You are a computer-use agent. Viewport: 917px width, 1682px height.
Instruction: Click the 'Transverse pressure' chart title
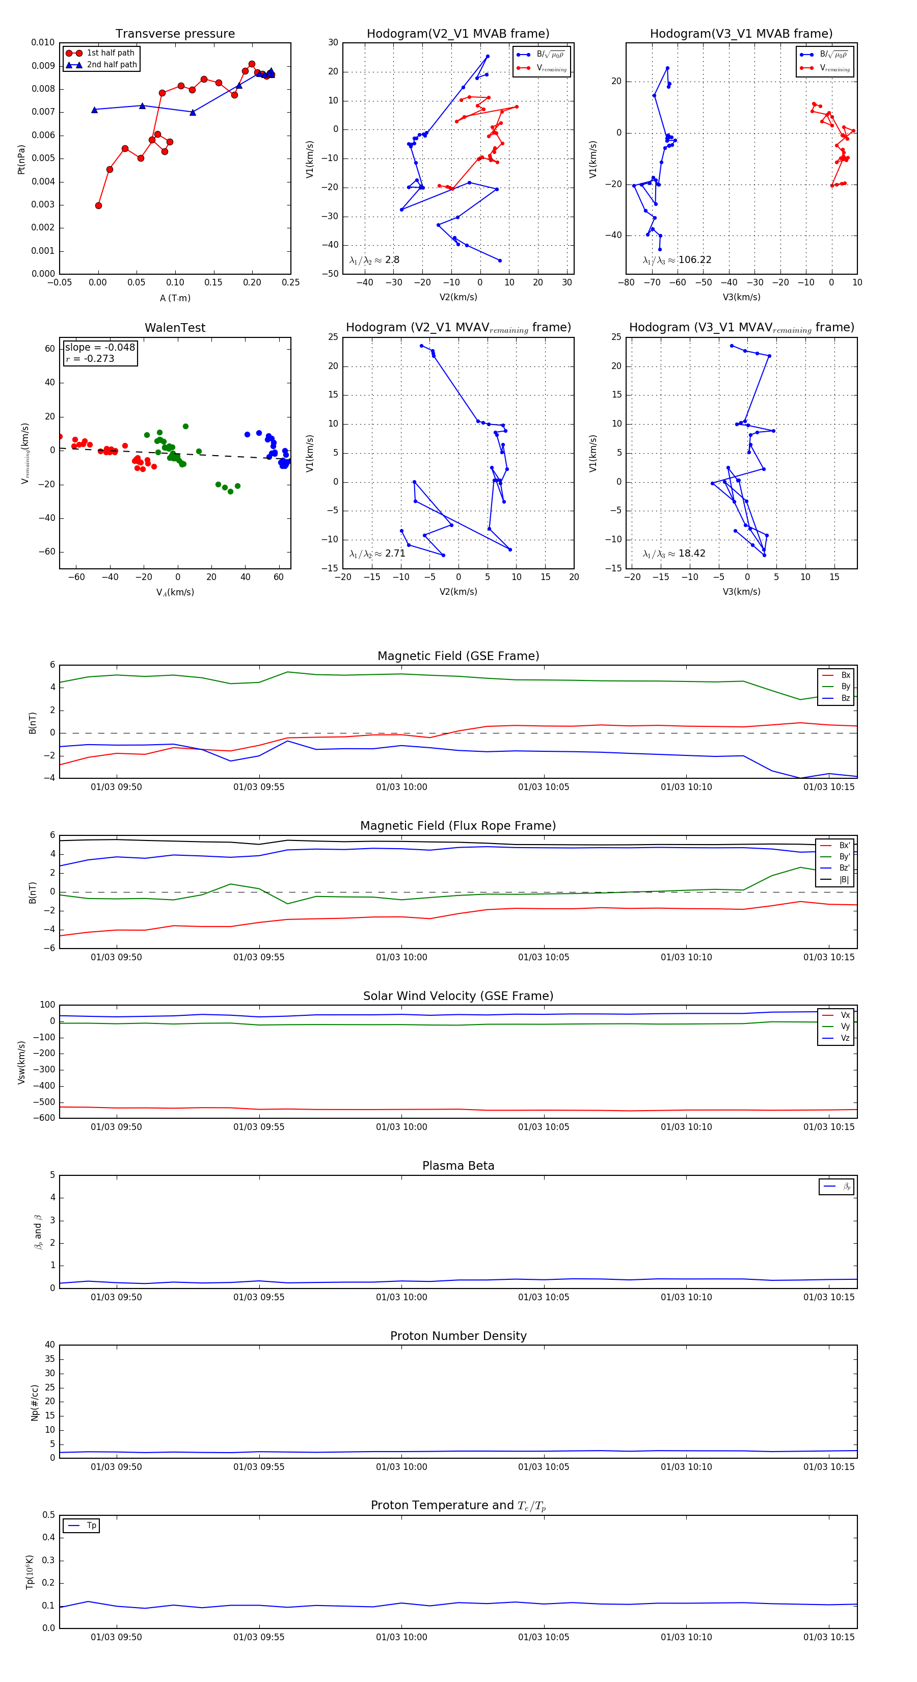(x=175, y=34)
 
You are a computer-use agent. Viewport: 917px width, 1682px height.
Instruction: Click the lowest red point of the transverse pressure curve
(x=98, y=206)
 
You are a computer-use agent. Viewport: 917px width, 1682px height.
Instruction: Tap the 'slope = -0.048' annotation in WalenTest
(x=100, y=348)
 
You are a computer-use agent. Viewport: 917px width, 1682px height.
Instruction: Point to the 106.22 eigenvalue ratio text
(x=694, y=260)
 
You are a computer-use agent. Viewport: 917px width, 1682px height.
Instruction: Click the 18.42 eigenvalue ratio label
(x=691, y=554)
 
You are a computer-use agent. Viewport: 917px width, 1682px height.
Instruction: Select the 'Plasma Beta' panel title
(x=458, y=1166)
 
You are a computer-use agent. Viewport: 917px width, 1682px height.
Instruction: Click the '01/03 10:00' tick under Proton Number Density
(x=401, y=1466)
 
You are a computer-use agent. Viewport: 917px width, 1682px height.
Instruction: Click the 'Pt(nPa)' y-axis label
(x=21, y=160)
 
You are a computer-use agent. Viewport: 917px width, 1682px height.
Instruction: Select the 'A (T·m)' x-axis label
(x=175, y=298)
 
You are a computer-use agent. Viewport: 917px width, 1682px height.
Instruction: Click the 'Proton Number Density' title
(x=458, y=1336)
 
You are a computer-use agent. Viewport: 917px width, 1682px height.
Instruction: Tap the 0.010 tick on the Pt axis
(x=43, y=42)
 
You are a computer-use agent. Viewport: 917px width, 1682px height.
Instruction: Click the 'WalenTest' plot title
(x=175, y=328)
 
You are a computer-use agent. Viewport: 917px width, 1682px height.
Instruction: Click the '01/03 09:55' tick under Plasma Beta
(x=259, y=1297)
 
